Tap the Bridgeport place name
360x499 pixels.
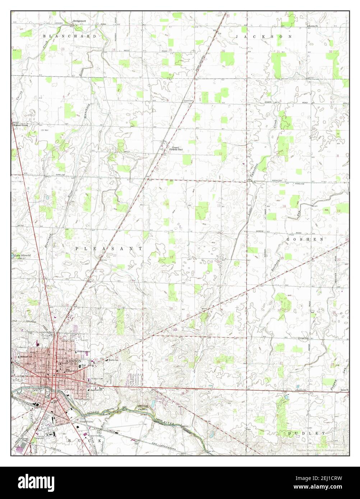tap(79, 21)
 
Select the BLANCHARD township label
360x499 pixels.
tap(70, 36)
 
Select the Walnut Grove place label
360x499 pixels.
tap(20, 125)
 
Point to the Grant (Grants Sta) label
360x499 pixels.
tap(176, 148)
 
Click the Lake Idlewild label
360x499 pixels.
tap(22, 256)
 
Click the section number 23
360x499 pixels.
tap(171, 257)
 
